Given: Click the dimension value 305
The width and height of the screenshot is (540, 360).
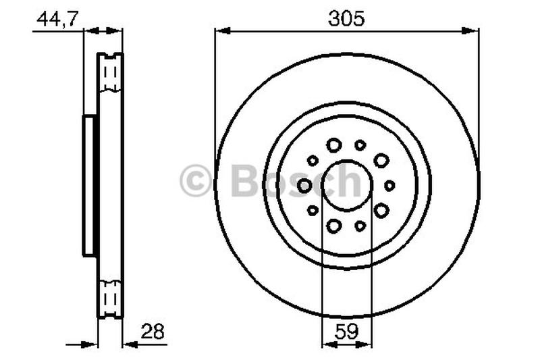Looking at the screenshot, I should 346,19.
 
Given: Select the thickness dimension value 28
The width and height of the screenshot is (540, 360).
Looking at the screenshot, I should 153,332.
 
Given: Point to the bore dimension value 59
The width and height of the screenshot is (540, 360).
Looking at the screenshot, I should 346,332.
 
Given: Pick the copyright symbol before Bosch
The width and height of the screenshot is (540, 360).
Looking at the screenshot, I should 196,182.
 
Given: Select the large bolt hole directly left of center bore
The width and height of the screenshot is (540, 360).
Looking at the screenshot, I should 305,185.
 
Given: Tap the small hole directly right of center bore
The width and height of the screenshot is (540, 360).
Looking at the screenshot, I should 389,185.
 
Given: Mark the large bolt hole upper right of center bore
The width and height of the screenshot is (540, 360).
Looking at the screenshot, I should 381,160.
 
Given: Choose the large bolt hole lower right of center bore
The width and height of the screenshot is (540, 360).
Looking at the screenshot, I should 381,210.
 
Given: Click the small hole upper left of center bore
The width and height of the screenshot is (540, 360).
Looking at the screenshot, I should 313,160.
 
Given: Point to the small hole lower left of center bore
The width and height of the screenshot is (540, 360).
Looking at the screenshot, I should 313,211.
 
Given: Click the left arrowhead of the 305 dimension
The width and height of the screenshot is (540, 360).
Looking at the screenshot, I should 220,30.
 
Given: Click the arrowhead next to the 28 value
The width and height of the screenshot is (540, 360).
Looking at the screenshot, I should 129,343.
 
